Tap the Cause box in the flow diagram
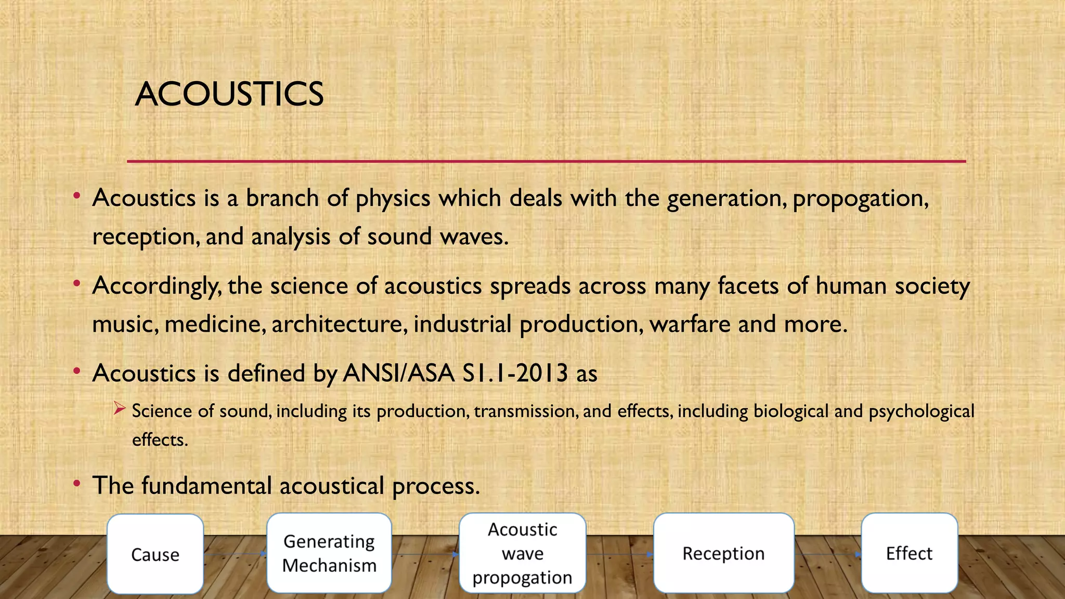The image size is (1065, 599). click(155, 554)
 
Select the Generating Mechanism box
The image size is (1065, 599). click(329, 553)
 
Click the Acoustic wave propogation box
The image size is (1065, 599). click(522, 553)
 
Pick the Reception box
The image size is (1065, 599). click(723, 553)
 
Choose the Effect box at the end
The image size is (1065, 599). click(909, 553)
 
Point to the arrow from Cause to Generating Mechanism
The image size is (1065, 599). click(235, 554)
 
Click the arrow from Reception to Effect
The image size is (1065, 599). click(827, 554)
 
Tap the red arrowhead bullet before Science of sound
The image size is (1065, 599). click(119, 409)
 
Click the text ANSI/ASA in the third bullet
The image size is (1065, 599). click(398, 373)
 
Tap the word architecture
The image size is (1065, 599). click(337, 324)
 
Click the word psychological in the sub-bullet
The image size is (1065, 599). click(921, 412)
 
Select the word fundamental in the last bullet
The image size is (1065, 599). click(206, 486)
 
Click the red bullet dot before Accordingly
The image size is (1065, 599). click(77, 284)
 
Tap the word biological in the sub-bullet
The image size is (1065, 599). click(790, 412)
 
